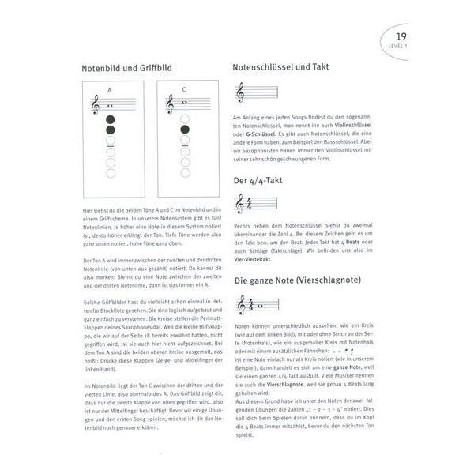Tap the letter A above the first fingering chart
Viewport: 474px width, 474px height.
pyautogui.click(x=111, y=89)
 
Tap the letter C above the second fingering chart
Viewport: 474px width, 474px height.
pyautogui.click(x=184, y=89)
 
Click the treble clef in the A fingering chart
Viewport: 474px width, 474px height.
pyautogui.click(x=96, y=103)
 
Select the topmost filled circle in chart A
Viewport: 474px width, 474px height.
pyautogui.click(x=111, y=119)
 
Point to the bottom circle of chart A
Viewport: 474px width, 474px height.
pyautogui.click(x=111, y=172)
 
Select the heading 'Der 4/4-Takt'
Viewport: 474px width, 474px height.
pyautogui.click(x=258, y=180)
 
